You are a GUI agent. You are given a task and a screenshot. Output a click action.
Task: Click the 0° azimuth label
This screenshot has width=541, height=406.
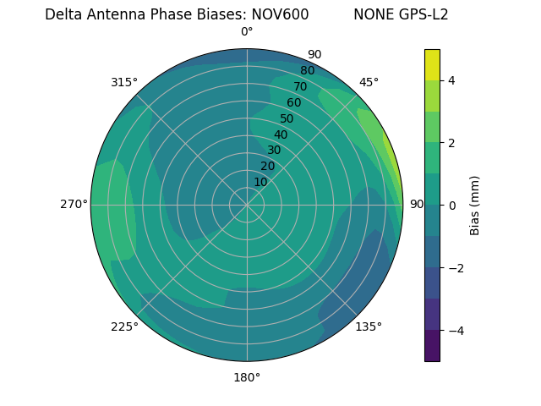coord(247,32)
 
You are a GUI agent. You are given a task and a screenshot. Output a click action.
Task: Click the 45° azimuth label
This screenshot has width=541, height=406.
coord(369,82)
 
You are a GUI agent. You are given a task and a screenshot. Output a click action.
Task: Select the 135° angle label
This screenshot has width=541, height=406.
coord(369,326)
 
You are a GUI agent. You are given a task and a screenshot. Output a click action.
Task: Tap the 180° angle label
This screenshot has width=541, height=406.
coord(247,377)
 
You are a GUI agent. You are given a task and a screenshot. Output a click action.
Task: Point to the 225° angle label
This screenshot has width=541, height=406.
coord(124,326)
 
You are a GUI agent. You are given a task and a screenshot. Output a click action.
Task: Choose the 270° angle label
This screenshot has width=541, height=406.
coord(74,205)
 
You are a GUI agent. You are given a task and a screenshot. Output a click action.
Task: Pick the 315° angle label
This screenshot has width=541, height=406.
coord(124,82)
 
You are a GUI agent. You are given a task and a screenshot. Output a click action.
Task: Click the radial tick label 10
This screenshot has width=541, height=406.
coord(260,182)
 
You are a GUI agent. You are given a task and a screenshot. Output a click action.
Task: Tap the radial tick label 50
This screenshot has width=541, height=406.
coord(287,118)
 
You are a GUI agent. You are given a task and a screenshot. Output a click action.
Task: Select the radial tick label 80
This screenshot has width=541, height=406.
coord(307,70)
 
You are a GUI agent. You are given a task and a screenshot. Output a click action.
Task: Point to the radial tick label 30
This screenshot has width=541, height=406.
coord(274,151)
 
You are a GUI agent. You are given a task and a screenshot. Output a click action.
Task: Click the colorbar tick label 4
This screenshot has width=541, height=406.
coord(452,80)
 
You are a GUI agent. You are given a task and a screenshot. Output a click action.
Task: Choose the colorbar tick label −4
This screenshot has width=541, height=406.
coord(456,330)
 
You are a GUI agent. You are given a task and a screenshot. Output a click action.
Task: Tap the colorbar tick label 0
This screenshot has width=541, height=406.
coord(452,206)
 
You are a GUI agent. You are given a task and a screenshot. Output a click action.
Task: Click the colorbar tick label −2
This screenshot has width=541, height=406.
coord(456,268)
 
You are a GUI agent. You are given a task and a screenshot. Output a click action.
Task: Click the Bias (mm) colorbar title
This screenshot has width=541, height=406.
coord(475,206)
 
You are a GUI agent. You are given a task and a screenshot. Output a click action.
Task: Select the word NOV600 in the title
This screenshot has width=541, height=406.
coord(280,14)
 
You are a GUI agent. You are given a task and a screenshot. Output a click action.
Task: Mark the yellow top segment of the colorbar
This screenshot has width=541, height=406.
coord(432,64)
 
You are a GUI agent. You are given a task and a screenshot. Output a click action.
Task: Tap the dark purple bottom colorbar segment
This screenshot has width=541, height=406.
coord(432,346)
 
